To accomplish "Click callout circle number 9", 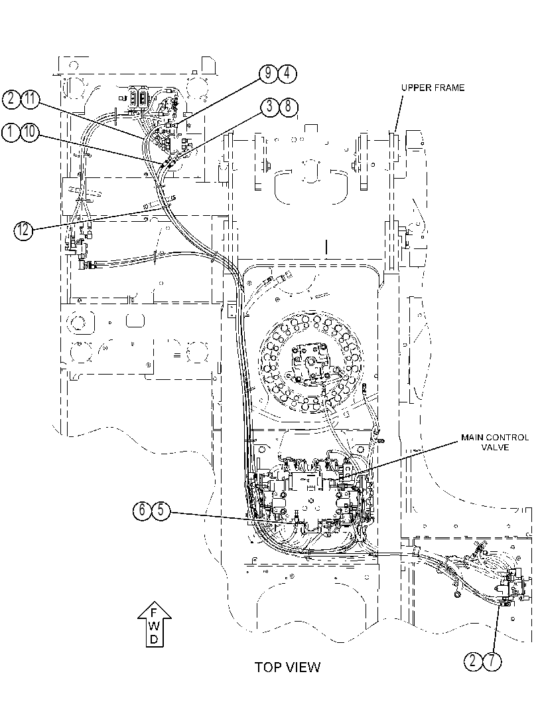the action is click(x=268, y=74).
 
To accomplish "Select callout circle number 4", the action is click(x=287, y=74).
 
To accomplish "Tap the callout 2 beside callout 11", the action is click(x=11, y=99).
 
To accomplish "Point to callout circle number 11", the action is click(x=31, y=99).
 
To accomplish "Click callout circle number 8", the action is click(x=289, y=108).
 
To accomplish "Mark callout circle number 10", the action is click(x=29, y=132).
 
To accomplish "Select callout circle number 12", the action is click(x=23, y=230).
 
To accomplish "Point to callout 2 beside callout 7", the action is click(x=473, y=661).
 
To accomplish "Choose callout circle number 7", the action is click(x=492, y=661).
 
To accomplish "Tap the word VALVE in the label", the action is click(x=495, y=447).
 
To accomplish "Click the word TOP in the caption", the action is click(x=268, y=667).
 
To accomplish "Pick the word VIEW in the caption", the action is click(x=303, y=667).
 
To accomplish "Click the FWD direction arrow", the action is click(x=154, y=624).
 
